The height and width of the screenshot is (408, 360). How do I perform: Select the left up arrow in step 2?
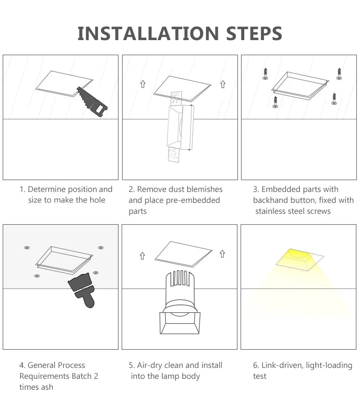(143, 84)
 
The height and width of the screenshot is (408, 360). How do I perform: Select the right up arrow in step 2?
(222, 84)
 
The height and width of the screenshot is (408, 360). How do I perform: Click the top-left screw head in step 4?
(27, 248)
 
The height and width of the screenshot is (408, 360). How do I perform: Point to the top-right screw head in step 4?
(100, 248)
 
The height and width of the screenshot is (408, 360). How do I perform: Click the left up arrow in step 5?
(143, 256)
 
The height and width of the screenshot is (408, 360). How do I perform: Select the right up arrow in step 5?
(222, 254)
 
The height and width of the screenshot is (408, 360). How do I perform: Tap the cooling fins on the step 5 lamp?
(180, 280)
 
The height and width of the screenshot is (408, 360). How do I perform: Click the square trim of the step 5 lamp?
(180, 323)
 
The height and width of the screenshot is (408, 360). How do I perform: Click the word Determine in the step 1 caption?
(48, 189)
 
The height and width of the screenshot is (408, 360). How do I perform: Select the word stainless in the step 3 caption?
(272, 211)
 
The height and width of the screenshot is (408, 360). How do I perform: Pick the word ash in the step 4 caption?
(47, 387)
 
